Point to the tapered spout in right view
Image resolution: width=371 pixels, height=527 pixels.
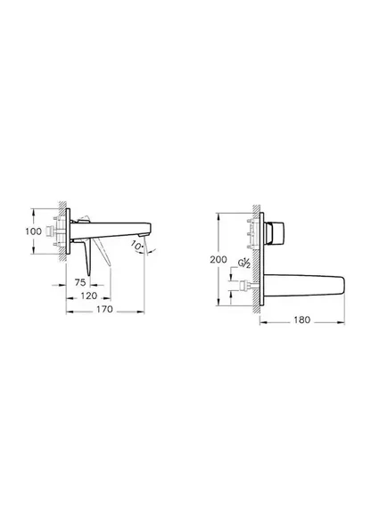(x=303, y=287)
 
